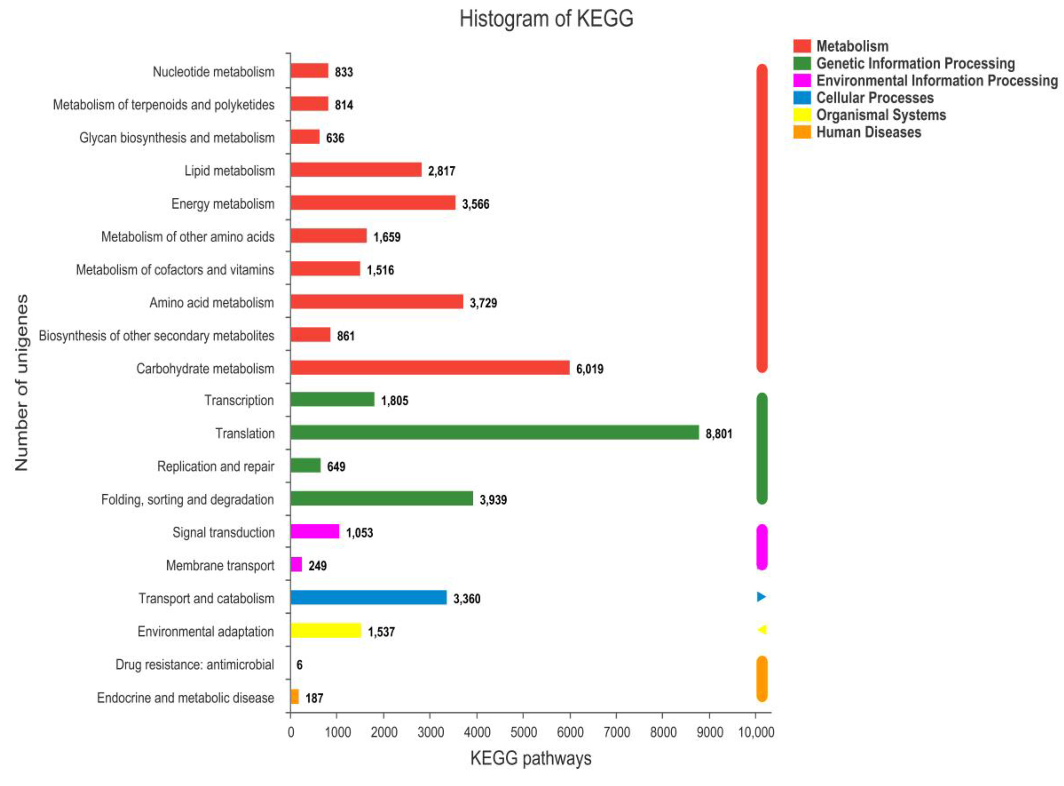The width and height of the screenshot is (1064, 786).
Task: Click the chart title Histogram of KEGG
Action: tap(546, 19)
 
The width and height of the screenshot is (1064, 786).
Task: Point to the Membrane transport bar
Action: tap(296, 564)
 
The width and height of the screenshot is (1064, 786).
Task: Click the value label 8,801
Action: tap(719, 433)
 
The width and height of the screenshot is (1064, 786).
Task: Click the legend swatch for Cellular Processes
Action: tap(802, 98)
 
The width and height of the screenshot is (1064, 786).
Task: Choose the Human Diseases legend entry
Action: tap(869, 132)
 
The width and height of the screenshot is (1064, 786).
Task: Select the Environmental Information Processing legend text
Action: tap(937, 80)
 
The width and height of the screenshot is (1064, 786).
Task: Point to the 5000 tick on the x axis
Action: tap(523, 732)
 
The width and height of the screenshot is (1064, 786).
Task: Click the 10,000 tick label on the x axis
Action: tap(756, 732)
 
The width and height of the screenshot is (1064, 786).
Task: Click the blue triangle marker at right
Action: tap(761, 597)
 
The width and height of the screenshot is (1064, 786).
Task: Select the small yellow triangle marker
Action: tap(762, 630)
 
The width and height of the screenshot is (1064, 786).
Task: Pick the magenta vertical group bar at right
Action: tap(761, 547)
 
